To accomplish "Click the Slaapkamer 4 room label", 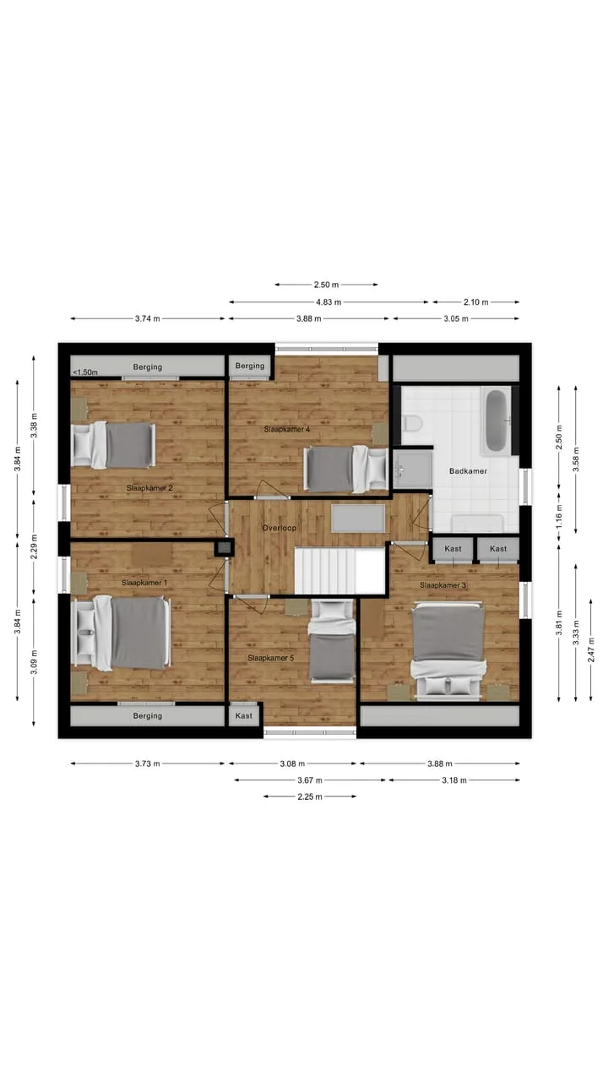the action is tap(286, 429).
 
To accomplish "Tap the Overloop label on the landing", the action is tap(279, 528).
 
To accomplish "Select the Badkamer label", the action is tap(468, 471).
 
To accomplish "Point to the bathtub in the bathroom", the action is tap(496, 421).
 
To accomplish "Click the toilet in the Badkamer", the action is tap(413, 423).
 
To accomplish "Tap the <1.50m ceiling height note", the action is tap(85, 372).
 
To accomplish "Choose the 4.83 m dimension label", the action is tap(328, 302).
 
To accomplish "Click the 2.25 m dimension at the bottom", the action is tap(310, 796).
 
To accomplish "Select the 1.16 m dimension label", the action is tap(559, 516).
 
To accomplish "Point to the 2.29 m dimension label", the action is tap(34, 546).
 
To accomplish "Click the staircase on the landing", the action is tap(339, 570).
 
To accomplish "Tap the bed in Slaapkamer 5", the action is tap(332, 641).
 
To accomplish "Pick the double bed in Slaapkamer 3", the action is tap(448, 650).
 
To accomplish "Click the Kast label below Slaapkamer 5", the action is tap(244, 715).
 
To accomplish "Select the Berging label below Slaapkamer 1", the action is tap(148, 715).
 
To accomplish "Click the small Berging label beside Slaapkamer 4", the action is tap(250, 366).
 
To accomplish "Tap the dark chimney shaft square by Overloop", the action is tap(224, 548).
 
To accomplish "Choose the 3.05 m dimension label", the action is tap(456, 318).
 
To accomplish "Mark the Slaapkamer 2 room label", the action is tap(149, 488).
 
